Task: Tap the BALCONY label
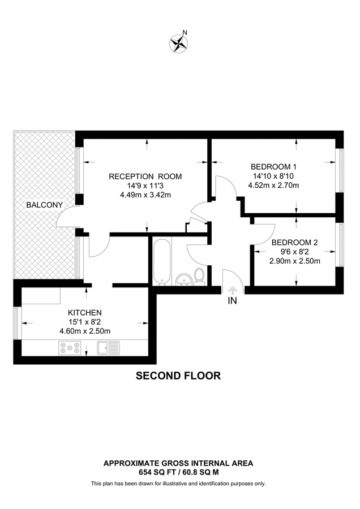click(44, 204)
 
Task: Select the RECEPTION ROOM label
click(145, 176)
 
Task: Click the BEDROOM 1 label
click(274, 167)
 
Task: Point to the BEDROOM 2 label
click(295, 243)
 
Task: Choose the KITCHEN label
click(84, 312)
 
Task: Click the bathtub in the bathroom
click(161, 260)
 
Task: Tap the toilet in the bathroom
click(199, 277)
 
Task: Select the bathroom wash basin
click(183, 279)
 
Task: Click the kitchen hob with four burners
click(68, 348)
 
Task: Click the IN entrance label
click(232, 301)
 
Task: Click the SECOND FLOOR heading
click(178, 376)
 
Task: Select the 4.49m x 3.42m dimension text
click(145, 195)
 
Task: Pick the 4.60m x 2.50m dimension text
click(84, 331)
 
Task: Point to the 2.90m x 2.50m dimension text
click(295, 261)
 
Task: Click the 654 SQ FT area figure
click(158, 471)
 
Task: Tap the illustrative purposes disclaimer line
click(178, 484)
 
